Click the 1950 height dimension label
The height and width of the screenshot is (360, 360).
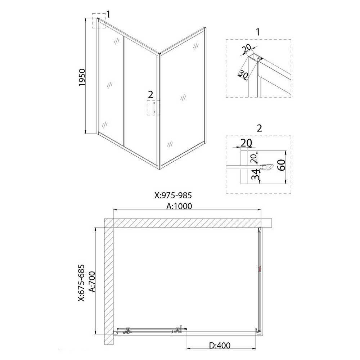coord(82,77)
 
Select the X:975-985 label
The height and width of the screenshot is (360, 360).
coord(173,195)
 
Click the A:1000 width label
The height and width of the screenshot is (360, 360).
coord(179,206)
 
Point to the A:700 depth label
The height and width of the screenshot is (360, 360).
coord(92,282)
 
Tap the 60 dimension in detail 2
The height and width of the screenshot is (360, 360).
coord(282,165)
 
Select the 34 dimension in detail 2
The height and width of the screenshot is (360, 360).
coord(255,174)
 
